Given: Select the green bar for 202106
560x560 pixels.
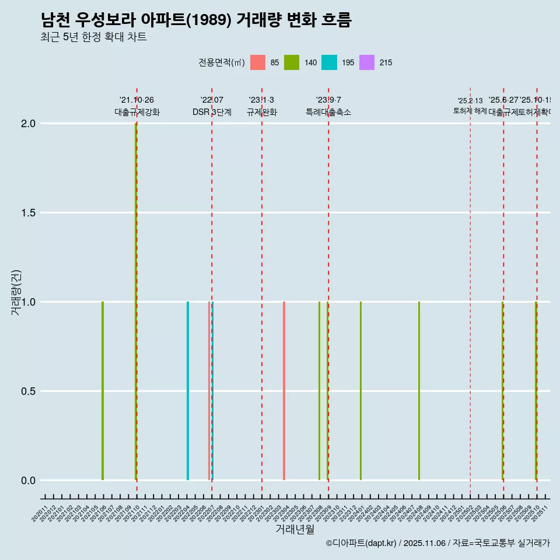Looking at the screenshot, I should [103, 391].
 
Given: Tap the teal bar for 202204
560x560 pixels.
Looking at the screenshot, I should [188, 391].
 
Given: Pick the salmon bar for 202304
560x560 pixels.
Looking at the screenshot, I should [284, 391].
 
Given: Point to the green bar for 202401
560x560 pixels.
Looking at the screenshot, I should [360, 391].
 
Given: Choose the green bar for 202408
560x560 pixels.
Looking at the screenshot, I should [419, 391].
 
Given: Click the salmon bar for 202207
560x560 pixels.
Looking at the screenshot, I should [209, 391].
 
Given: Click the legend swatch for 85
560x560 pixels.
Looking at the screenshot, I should [257, 62].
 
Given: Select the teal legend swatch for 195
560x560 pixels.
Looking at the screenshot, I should [330, 62].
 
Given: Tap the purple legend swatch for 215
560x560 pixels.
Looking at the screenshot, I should [366, 62].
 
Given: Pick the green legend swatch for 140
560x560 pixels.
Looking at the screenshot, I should [292, 62].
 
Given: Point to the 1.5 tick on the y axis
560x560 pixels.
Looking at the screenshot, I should [29, 213].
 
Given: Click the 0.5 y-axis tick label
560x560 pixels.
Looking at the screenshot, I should [29, 391].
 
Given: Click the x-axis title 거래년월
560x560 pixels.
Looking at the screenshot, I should [295, 530].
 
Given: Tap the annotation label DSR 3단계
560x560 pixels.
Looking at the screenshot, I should [212, 112].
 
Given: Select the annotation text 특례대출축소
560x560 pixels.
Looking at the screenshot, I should [328, 112].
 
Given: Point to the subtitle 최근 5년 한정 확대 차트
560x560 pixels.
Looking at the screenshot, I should [93, 37].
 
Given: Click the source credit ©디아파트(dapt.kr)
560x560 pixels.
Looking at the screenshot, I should [361, 544].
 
